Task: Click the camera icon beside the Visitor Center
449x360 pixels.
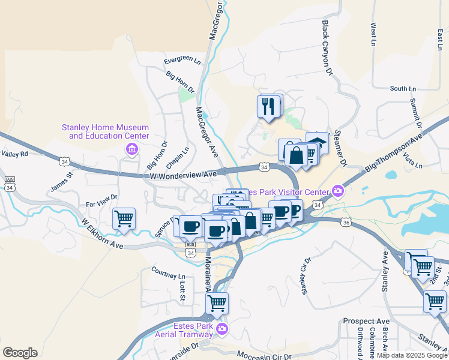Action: [337, 191]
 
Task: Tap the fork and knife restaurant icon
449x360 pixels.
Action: [270, 107]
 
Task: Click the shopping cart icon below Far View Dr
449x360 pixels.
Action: [124, 220]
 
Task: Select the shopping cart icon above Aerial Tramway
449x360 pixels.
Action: [217, 304]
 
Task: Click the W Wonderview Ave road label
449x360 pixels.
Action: [182, 175]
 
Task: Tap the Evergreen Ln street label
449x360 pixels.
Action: [182, 60]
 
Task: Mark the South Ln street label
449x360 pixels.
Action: [403, 88]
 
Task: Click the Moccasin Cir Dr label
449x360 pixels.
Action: [259, 356]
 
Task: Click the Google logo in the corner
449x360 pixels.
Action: [20, 353]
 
